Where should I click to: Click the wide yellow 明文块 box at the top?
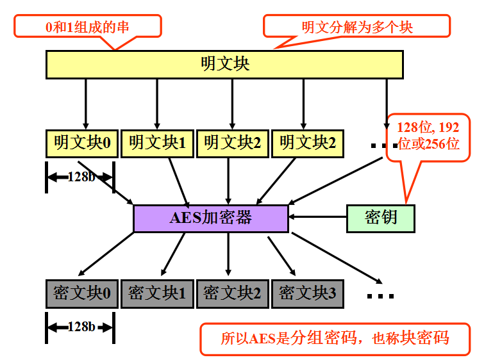pyautogui.click(x=224, y=64)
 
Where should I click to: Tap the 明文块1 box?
pyautogui.click(x=157, y=143)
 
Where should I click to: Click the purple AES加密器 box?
pyautogui.click(x=210, y=218)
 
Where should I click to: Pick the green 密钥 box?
pyautogui.click(x=381, y=218)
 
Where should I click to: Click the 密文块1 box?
pyautogui.click(x=157, y=293)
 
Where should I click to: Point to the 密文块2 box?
pyautogui.click(x=232, y=293)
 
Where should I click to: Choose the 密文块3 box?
pyautogui.click(x=307, y=293)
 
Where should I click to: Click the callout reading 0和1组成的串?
pyautogui.click(x=88, y=26)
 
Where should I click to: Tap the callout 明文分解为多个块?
pyautogui.click(x=357, y=26)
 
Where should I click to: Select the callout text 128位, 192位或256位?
pyautogui.click(x=428, y=135)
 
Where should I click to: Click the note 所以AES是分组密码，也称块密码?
pyautogui.click(x=335, y=338)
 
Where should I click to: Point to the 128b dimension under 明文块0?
pyautogui.click(x=80, y=177)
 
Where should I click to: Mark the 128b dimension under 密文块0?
pyautogui.click(x=80, y=327)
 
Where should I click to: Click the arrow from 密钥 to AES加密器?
pyautogui.click(x=317, y=218)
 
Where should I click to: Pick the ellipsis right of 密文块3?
pyautogui.click(x=381, y=296)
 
